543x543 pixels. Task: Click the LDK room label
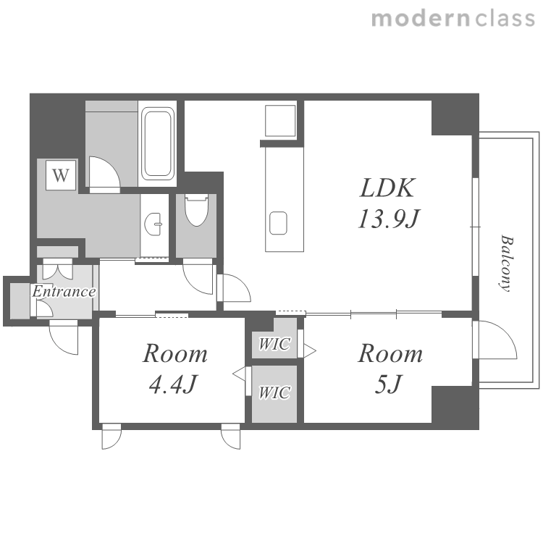(387, 188)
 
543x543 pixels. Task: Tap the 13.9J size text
(388, 219)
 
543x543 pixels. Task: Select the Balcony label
(506, 264)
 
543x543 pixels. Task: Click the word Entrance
(64, 292)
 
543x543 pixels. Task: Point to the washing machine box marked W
(61, 175)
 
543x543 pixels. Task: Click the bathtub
(158, 143)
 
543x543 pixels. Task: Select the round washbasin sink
(153, 224)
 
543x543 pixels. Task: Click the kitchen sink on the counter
(278, 223)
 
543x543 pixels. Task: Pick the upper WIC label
(274, 344)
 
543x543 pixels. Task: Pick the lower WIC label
(274, 392)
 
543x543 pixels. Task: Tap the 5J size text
(388, 384)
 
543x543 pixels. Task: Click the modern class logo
(453, 19)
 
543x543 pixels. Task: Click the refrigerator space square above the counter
(280, 120)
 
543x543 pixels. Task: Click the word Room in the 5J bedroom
(390, 353)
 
